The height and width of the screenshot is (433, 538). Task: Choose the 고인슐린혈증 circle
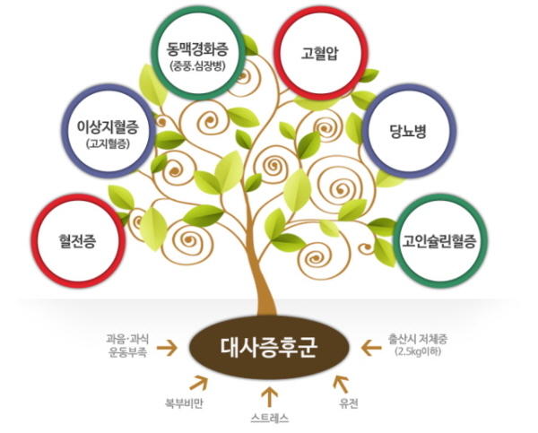438,240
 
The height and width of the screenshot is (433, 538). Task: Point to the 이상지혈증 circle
112,131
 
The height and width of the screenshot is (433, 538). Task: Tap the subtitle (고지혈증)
112,143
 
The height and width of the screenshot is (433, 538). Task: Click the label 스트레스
268,419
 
